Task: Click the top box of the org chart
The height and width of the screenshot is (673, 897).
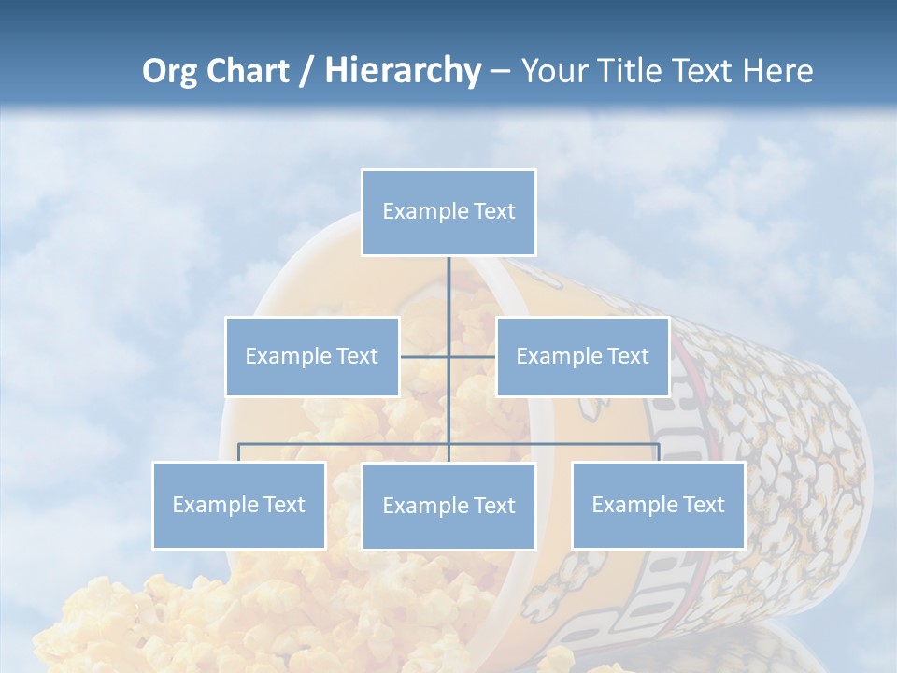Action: pyautogui.click(x=448, y=212)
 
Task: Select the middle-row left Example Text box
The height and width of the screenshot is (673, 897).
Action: pyautogui.click(x=312, y=356)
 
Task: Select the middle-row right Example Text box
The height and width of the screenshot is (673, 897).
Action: pyautogui.click(x=582, y=356)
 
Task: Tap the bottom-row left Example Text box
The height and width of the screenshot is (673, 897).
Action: pyautogui.click(x=239, y=505)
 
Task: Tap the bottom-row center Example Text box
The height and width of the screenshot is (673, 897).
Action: pyautogui.click(x=448, y=506)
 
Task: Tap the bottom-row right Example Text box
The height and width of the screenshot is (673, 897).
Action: pyautogui.click(x=658, y=505)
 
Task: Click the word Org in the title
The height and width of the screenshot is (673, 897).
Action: pyautogui.click(x=170, y=71)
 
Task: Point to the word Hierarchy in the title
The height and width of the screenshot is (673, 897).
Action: pyautogui.click(x=402, y=71)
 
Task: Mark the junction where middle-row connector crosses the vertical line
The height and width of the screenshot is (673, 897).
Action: pyautogui.click(x=448, y=356)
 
